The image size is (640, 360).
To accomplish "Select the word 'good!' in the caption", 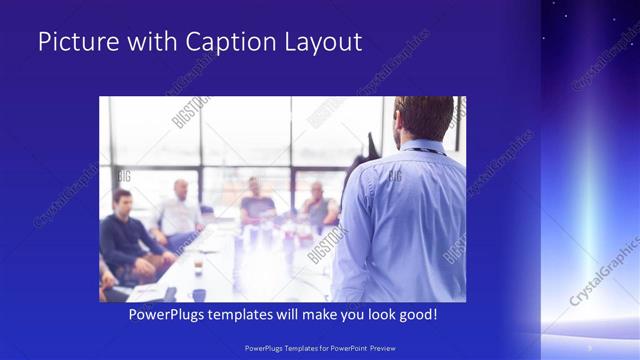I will coord(415,315).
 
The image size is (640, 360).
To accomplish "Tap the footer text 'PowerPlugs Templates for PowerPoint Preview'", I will coord(320,348).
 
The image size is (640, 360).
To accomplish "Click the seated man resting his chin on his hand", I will coord(319,205).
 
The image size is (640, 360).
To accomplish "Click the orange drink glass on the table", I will coord(198,264).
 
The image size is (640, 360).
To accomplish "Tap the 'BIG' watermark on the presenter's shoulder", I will coord(394,176).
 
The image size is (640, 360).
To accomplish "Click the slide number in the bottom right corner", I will coord(589,347).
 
